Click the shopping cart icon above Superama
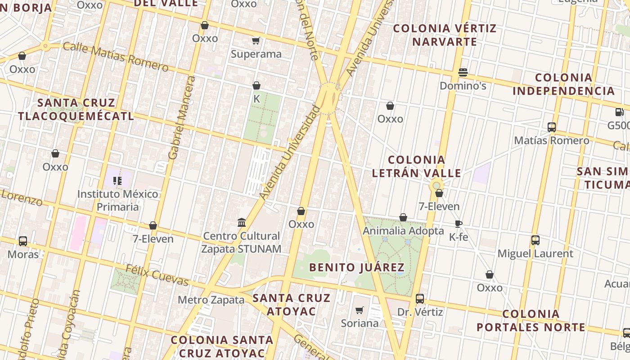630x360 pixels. pos(256,41)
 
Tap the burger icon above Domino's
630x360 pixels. pos(463,72)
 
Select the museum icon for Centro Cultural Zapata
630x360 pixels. pos(242,222)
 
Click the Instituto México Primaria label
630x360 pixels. pos(118,200)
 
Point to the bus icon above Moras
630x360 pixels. pos(23,241)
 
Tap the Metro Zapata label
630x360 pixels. pos(211,300)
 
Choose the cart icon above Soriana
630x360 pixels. pos(359,310)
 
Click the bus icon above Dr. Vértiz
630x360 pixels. pos(420,298)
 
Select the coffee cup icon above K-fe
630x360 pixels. pos(459,224)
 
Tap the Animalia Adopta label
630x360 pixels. pos(403,231)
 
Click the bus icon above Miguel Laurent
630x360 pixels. pos(535,240)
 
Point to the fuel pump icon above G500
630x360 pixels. pos(620,112)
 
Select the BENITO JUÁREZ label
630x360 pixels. pos(357,267)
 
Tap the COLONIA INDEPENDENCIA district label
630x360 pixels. pos(563,84)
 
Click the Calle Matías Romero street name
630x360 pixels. pos(116,57)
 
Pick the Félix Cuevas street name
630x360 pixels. pos(157,275)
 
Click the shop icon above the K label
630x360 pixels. pos(256,85)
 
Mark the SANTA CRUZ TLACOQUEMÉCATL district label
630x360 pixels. pos(76,109)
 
